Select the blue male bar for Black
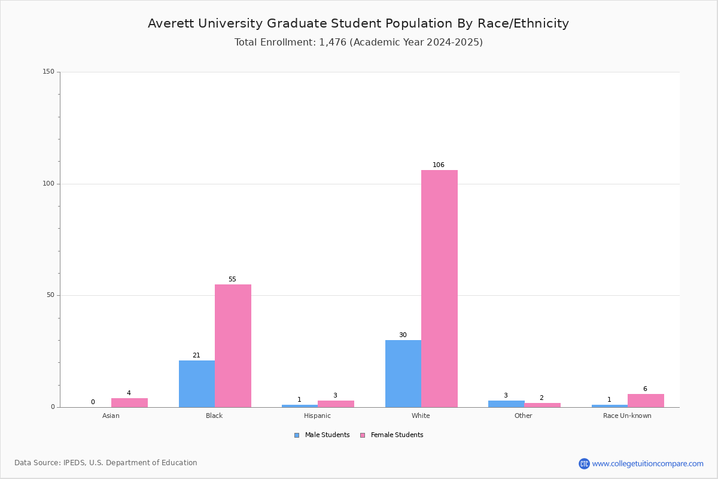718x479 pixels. tap(197, 384)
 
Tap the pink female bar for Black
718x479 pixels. tap(233, 345)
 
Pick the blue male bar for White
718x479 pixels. tap(403, 374)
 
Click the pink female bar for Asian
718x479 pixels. tap(129, 402)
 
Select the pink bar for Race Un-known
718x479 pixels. tap(646, 401)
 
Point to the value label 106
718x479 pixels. tap(439, 165)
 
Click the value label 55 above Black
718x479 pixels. tap(232, 280)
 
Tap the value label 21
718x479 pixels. tap(196, 356)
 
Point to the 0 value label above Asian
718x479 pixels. tap(93, 402)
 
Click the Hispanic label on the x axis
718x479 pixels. tap(317, 416)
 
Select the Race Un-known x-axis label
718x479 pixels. tap(627, 416)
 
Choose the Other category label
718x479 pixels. tap(523, 416)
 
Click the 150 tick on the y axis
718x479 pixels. tap(48, 72)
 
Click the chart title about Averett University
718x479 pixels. tap(358, 23)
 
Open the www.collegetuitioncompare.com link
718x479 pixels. tap(647, 463)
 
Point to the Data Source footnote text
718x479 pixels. tap(106, 463)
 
